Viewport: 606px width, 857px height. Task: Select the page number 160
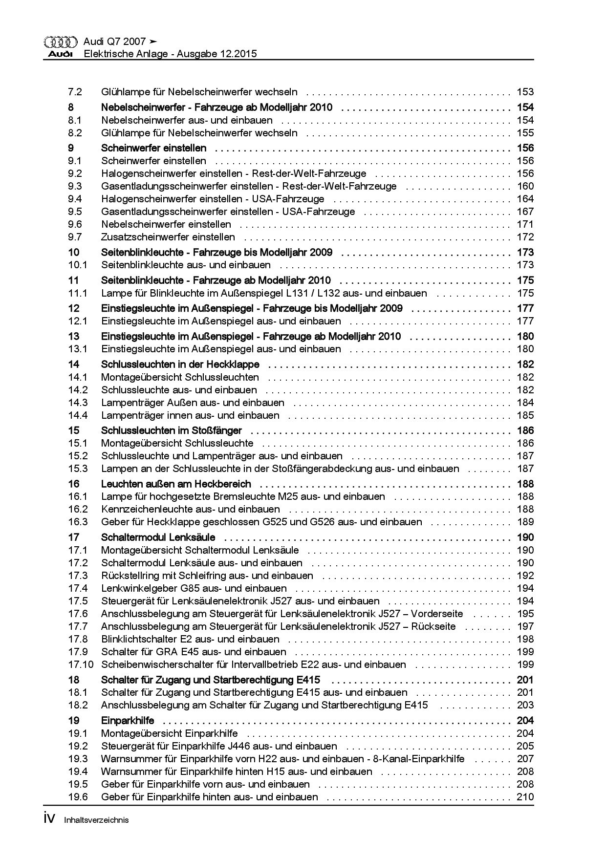tap(525, 186)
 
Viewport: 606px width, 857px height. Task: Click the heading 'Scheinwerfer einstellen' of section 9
tap(153, 148)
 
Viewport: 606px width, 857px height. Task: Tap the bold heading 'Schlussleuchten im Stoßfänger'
tap(171, 430)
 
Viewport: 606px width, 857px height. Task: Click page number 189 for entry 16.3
tap(525, 522)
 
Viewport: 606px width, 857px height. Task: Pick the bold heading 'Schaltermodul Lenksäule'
tap(158, 537)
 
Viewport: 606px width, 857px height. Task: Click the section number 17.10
tap(80, 664)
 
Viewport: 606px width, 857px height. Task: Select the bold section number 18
tap(73, 680)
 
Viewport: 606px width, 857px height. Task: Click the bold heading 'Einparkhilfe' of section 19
tap(128, 720)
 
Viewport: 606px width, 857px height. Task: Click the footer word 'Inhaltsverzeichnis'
tap(96, 820)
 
